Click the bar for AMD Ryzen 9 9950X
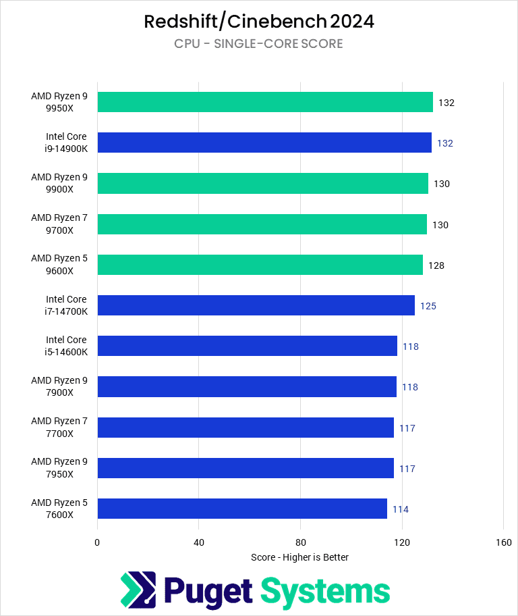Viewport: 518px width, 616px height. tap(265, 102)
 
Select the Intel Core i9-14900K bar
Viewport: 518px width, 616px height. tap(264, 143)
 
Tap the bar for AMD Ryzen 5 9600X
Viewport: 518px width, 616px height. tap(260, 265)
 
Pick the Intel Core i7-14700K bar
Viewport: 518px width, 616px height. tap(256, 305)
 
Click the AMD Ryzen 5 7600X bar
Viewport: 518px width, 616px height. tap(242, 509)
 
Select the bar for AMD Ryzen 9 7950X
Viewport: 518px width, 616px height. tap(246, 468)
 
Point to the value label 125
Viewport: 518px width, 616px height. tap(428, 306)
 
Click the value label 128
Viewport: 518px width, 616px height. tap(436, 265)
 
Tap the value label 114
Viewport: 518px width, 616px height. tap(401, 509)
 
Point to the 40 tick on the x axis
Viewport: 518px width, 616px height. tap(199, 542)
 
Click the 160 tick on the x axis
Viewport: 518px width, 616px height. tap(503, 542)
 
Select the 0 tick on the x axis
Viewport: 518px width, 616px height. tap(97, 542)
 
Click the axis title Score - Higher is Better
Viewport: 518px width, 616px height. tap(299, 557)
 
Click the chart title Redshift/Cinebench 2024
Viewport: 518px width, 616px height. tap(259, 22)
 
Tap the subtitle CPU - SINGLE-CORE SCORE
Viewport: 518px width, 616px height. tap(259, 44)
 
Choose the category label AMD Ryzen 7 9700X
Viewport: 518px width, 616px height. tap(59, 224)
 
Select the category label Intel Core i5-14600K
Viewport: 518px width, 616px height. tap(66, 346)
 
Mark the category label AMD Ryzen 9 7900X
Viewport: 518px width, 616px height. tap(59, 386)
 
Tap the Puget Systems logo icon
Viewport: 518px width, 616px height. tap(138, 590)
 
